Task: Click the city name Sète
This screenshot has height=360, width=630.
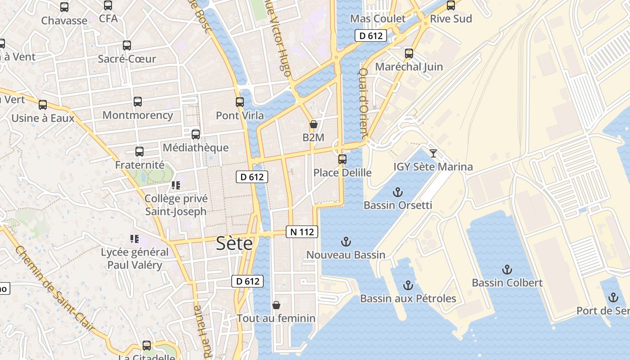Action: pyautogui.click(x=234, y=243)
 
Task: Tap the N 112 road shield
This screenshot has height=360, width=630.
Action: pyautogui.click(x=302, y=232)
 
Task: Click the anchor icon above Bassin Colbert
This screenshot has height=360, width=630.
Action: pyautogui.click(x=507, y=270)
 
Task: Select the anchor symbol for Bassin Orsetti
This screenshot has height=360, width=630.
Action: pyautogui.click(x=397, y=193)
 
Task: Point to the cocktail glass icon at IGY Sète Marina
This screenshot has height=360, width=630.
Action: pyautogui.click(x=433, y=153)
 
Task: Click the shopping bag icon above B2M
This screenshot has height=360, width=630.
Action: pyautogui.click(x=313, y=124)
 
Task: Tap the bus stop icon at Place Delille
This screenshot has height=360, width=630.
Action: pyautogui.click(x=342, y=159)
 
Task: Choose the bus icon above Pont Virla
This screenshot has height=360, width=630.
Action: pyautogui.click(x=240, y=102)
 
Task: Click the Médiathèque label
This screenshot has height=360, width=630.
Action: pyautogui.click(x=195, y=148)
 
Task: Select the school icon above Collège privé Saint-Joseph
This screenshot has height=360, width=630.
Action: pyautogui.click(x=175, y=185)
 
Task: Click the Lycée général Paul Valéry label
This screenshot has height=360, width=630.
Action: pyautogui.click(x=135, y=258)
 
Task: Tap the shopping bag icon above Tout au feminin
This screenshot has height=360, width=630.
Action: pyautogui.click(x=276, y=305)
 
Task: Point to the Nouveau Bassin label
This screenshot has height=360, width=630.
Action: pyautogui.click(x=346, y=255)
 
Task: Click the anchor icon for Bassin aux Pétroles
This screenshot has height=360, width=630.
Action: pyautogui.click(x=408, y=285)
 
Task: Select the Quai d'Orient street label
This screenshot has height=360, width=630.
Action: pyautogui.click(x=363, y=103)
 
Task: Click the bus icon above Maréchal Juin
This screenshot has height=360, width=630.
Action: pyautogui.click(x=409, y=54)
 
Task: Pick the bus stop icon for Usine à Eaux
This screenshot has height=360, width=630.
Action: pyautogui.click(x=43, y=105)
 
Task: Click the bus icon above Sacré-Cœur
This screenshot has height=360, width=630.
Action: pyautogui.click(x=127, y=45)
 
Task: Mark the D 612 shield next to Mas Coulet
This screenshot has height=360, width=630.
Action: pyautogui.click(x=371, y=36)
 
